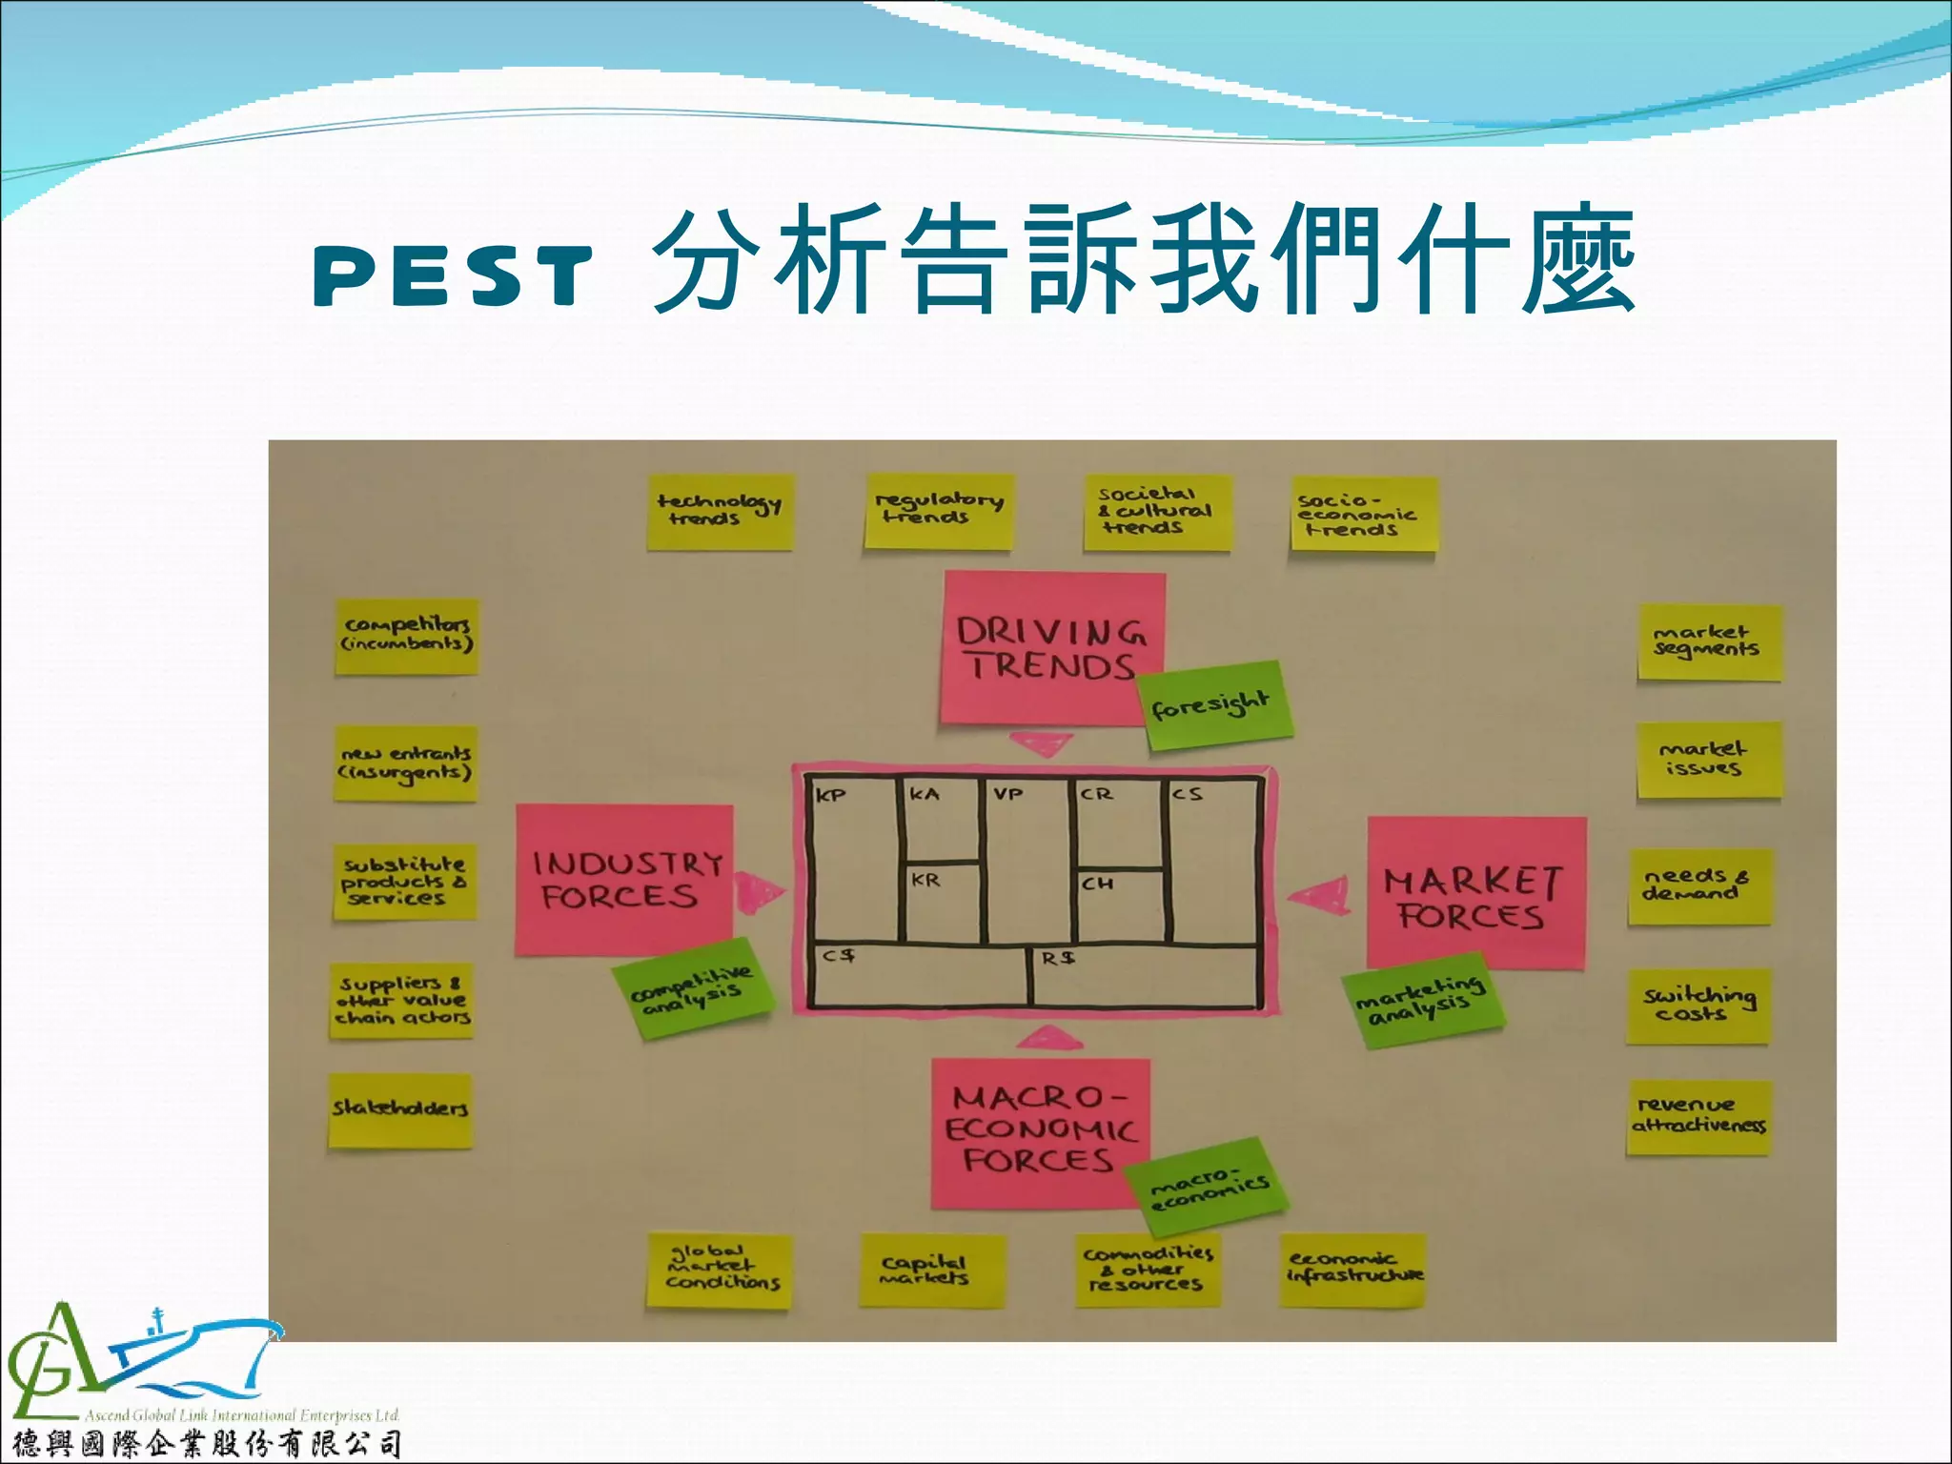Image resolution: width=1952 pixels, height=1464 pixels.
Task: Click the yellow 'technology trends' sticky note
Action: tap(720, 512)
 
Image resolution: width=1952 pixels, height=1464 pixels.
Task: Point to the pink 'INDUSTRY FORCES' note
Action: tap(623, 879)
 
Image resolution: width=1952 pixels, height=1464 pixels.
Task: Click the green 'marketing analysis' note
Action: tap(1420, 999)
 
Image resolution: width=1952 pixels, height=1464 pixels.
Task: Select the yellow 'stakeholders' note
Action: tap(400, 1109)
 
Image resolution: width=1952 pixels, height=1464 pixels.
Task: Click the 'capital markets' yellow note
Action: tap(931, 1270)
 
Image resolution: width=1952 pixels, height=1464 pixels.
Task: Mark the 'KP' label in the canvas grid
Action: tap(830, 795)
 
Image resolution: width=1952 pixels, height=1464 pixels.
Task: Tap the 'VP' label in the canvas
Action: tap(1007, 793)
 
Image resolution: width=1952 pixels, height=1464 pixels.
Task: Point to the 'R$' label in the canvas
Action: tap(1057, 958)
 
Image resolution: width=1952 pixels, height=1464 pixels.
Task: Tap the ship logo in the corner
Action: tap(143, 1363)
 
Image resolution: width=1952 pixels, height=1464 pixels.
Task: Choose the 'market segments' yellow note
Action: tap(1707, 641)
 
